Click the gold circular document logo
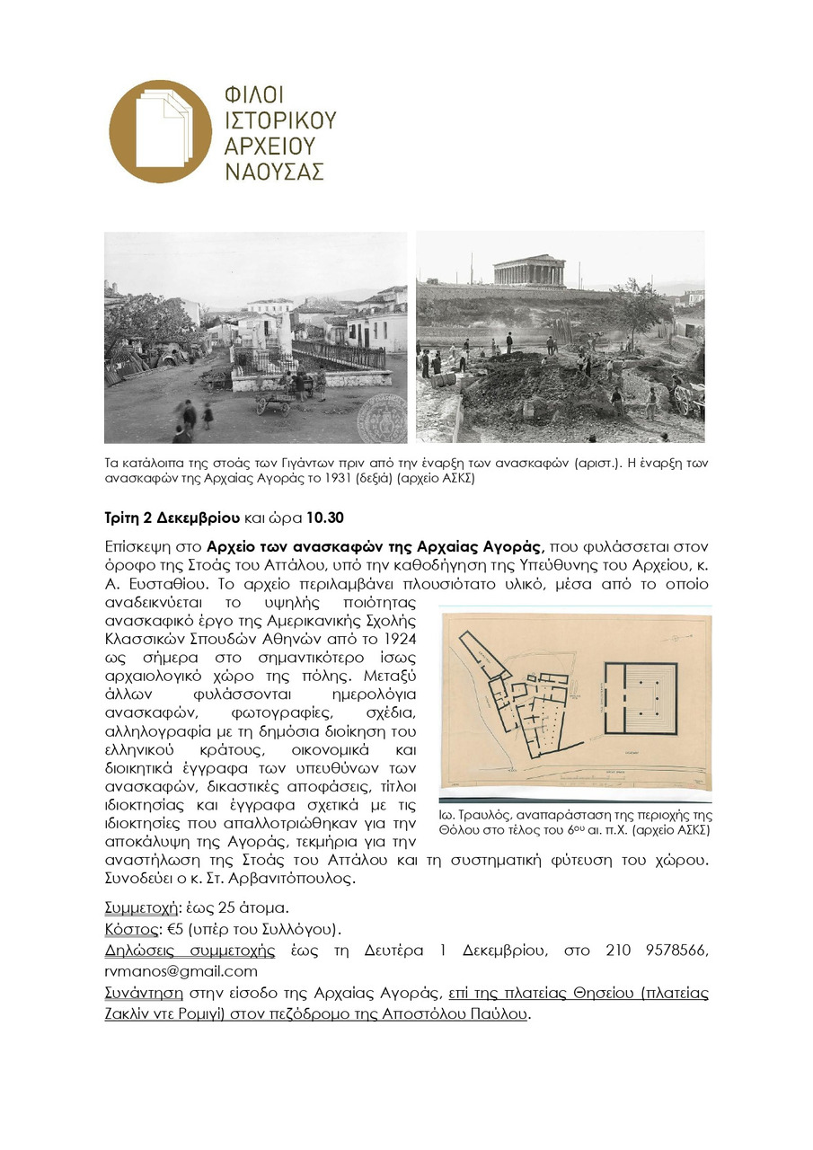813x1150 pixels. (160, 131)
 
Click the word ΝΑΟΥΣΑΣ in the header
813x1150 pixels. (273, 172)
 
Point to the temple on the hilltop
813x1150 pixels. (529, 271)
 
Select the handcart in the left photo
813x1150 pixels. (274, 399)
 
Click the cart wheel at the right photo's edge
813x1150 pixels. (686, 401)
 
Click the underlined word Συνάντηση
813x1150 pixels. (144, 993)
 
